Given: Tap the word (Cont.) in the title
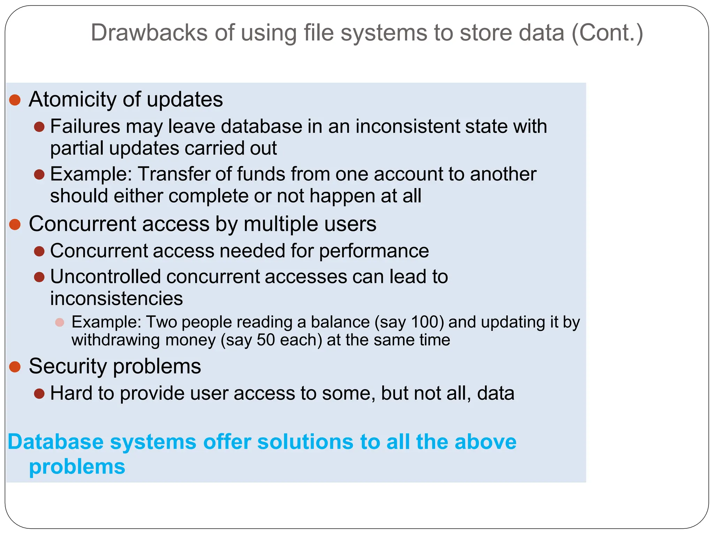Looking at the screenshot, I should (x=607, y=33).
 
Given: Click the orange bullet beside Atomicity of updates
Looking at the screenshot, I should (x=15, y=100).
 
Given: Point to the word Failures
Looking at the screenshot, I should (x=85, y=126).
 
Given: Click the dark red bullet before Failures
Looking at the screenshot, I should (x=39, y=127).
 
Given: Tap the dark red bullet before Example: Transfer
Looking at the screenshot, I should (x=39, y=174).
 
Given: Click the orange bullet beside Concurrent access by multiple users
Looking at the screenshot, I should (x=15, y=224).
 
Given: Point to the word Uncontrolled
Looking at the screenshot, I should (x=106, y=277).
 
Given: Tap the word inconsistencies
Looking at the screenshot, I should (x=116, y=299).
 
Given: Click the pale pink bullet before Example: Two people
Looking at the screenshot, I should (x=60, y=322).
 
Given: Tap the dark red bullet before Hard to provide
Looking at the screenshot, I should (x=39, y=394).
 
